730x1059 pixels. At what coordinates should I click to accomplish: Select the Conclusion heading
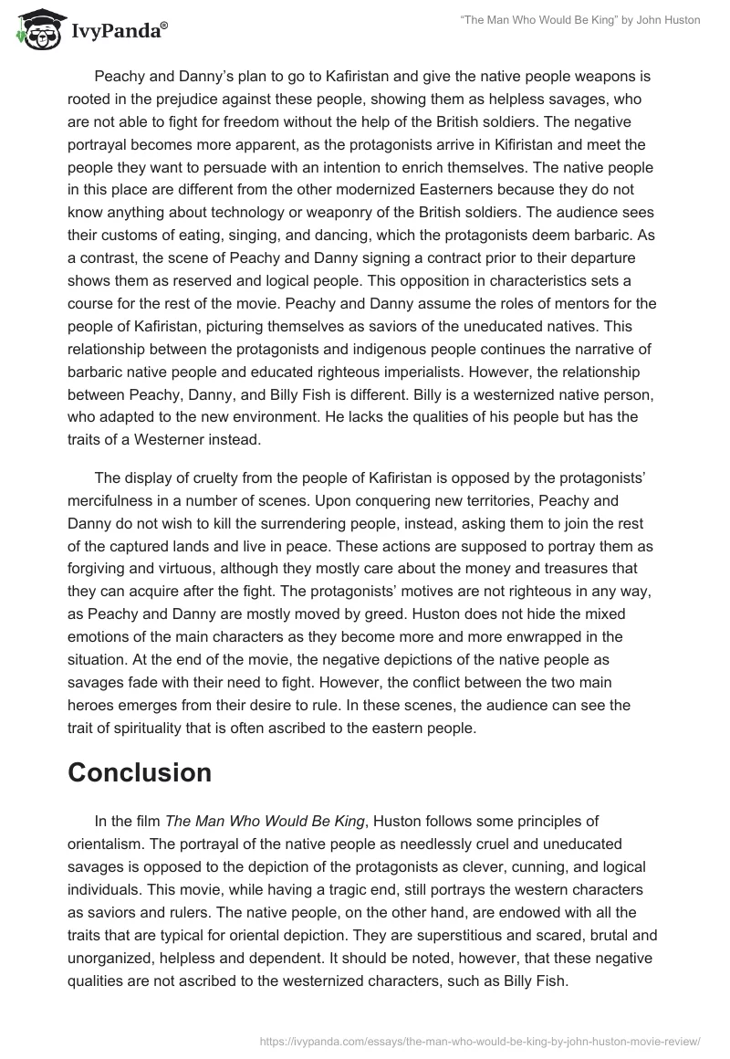pyautogui.click(x=140, y=772)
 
